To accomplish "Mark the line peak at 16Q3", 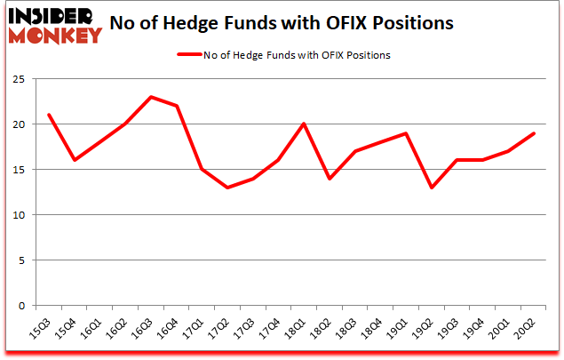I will pyautogui.click(x=150, y=97).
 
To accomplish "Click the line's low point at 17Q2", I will pyautogui.click(x=227, y=188).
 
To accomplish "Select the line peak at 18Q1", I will pyautogui.click(x=305, y=124).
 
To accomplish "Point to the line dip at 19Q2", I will pyautogui.click(x=433, y=188).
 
